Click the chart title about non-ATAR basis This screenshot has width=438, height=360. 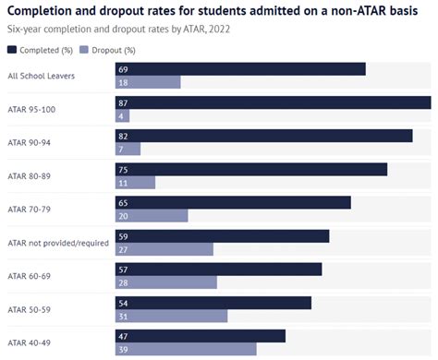coord(218,10)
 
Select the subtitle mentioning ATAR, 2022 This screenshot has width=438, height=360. coord(118,29)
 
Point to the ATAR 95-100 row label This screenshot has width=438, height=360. coord(31,109)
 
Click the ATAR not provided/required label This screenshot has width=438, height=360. coord(57,243)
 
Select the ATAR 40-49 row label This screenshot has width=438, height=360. coord(30,342)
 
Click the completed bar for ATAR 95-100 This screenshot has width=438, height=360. coord(273,102)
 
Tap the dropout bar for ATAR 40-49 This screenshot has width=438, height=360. coord(186,350)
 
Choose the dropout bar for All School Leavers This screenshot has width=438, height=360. coord(148,82)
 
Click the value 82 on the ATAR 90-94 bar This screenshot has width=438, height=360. coord(124,136)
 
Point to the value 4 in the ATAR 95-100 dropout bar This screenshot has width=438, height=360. coord(121,116)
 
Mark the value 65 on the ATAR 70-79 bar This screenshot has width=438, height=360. coord(124,202)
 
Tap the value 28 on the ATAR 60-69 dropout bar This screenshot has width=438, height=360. coord(124,282)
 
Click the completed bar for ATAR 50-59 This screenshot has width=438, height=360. coord(213,302)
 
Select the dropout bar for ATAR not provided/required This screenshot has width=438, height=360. coord(164,249)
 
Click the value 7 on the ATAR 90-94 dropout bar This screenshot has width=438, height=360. coord(121,150)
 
